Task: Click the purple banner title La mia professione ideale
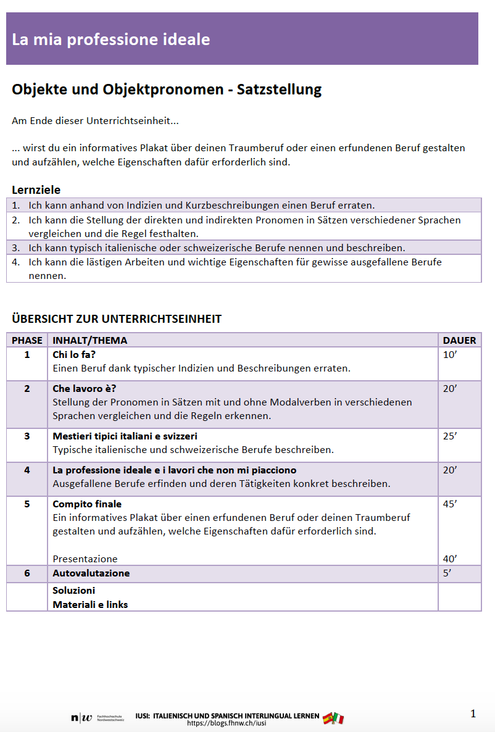[x=111, y=40]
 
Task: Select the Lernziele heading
[x=36, y=189]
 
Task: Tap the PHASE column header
[x=27, y=340]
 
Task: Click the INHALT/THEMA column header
[x=89, y=340]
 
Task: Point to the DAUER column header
[x=459, y=340]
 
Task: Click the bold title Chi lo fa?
[x=74, y=355]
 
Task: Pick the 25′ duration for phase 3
[x=450, y=436]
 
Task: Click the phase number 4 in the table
[x=27, y=470]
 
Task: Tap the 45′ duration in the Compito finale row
[x=450, y=504]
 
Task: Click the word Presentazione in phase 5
[x=85, y=559]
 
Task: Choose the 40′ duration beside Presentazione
[x=450, y=559]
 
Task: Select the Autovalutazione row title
[x=91, y=573]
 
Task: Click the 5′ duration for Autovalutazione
[x=447, y=573]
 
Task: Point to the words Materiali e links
[x=90, y=604]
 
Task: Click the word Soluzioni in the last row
[x=74, y=590]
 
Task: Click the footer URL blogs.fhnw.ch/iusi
[x=227, y=723]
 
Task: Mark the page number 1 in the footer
[x=473, y=714]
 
